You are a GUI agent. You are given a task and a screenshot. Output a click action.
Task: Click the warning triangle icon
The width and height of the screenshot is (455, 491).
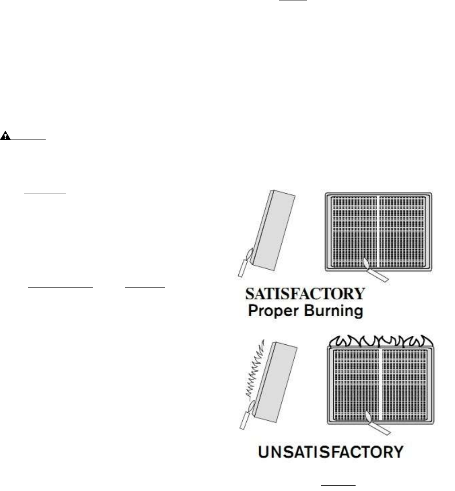pyautogui.click(x=5, y=136)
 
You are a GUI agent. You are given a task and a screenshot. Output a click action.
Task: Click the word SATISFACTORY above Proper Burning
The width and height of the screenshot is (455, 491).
pyautogui.click(x=305, y=294)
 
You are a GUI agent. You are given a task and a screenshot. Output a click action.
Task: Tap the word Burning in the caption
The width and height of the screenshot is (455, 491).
pyautogui.click(x=334, y=311)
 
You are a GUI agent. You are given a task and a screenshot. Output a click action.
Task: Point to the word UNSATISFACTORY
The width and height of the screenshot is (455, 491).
pyautogui.click(x=331, y=452)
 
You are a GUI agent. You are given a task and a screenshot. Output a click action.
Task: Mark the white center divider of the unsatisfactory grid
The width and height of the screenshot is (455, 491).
pyautogui.click(x=380, y=385)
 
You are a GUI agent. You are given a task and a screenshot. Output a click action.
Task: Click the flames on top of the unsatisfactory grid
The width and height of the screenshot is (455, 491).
pyautogui.click(x=381, y=341)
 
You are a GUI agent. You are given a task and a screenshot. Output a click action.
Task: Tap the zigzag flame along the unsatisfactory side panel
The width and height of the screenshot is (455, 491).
pyautogui.click(x=256, y=372)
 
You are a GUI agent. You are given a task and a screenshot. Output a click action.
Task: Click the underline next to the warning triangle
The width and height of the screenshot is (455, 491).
pyautogui.click(x=28, y=140)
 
